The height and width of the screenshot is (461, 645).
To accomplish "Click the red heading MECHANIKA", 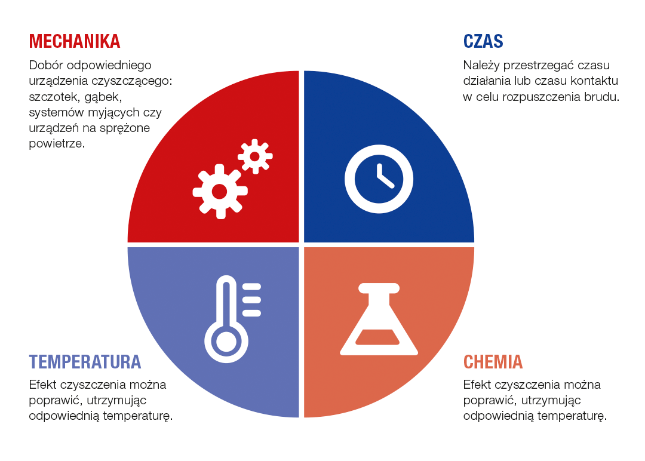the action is [x=75, y=41].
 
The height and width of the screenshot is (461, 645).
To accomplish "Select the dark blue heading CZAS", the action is [x=483, y=41].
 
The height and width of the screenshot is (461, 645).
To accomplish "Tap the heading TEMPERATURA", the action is [x=85, y=362].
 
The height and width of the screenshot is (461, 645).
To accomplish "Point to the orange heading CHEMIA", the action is [x=493, y=362].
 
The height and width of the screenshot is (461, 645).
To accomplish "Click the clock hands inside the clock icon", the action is [x=384, y=177].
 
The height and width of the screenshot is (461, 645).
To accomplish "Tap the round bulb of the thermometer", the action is [x=226, y=342].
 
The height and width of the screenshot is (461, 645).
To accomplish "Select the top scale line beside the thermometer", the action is [x=252, y=287].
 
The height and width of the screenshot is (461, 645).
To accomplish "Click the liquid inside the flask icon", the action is [x=377, y=337].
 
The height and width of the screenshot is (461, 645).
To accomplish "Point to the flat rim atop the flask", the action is [x=379, y=288].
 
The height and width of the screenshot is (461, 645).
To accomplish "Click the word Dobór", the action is [x=45, y=65].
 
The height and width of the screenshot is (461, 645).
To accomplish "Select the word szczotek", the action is [x=51, y=97].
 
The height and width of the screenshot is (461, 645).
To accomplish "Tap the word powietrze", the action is [x=57, y=143].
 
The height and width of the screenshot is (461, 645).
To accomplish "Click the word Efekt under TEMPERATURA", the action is [x=43, y=385].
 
